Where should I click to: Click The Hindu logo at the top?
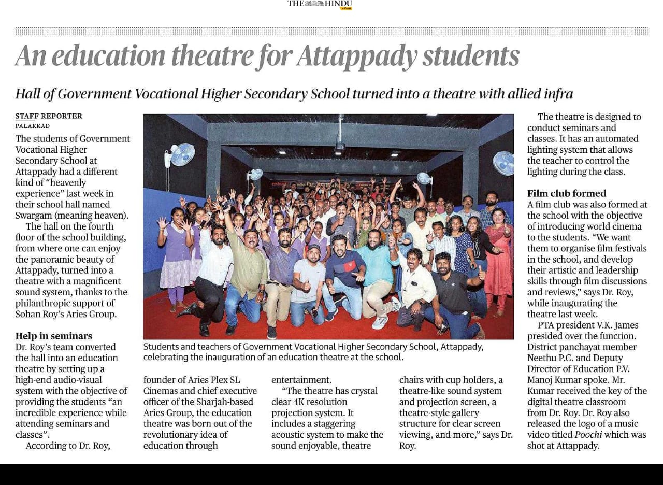point(320,4)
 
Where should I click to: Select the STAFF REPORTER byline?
point(49,116)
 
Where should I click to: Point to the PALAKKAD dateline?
point(33,126)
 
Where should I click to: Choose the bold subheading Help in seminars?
point(53,336)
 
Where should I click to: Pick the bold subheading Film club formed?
point(566,194)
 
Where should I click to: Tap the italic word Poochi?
point(588,435)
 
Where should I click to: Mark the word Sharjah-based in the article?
point(228,402)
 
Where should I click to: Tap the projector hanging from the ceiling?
point(340,146)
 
